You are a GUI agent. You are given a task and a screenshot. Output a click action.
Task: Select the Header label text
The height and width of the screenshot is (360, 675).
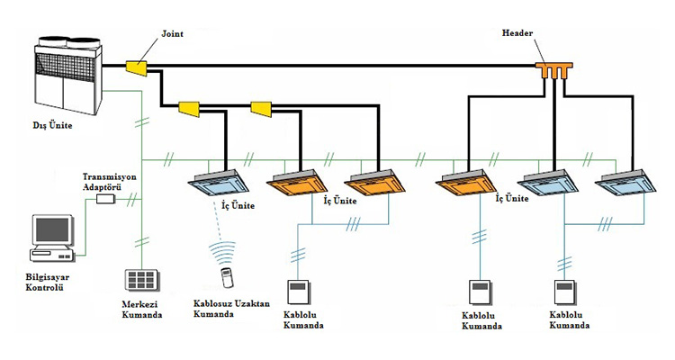[x=519, y=33]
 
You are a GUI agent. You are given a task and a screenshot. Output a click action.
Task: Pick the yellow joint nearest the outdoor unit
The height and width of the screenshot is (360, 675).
[x=139, y=67]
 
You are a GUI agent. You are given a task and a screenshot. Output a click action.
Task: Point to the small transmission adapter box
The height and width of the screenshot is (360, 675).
[x=105, y=198]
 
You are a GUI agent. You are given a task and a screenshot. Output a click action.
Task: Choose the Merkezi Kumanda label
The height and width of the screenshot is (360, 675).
[x=143, y=310]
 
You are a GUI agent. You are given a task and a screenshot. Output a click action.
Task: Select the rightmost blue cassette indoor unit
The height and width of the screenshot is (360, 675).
[x=623, y=184]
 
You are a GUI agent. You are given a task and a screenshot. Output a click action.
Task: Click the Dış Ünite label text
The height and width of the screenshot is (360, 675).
[x=47, y=125]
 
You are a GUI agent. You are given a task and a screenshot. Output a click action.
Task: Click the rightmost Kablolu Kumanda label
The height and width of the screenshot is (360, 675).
[x=571, y=320]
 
